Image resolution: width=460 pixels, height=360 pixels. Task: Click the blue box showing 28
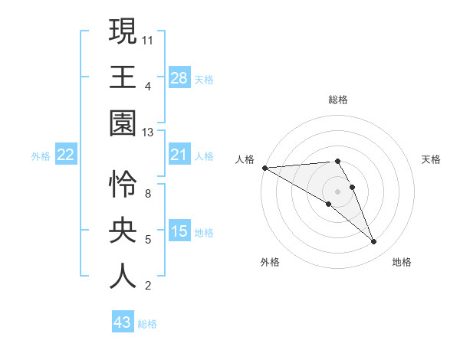pyautogui.click(x=179, y=78)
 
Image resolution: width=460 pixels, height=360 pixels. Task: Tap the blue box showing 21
pyautogui.click(x=179, y=155)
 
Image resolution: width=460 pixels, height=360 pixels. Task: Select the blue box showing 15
pyautogui.click(x=179, y=231)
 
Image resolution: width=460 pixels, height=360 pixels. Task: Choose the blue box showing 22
pyautogui.click(x=66, y=155)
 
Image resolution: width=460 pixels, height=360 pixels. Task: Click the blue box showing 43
pyautogui.click(x=122, y=322)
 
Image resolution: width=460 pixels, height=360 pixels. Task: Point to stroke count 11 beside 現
pyautogui.click(x=149, y=38)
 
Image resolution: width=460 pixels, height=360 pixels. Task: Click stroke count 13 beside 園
pyautogui.click(x=149, y=133)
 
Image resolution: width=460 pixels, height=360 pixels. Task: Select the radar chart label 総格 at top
pyautogui.click(x=338, y=100)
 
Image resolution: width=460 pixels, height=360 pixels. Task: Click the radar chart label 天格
pyautogui.click(x=432, y=159)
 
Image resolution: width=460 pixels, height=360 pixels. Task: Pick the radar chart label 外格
pyautogui.click(x=270, y=262)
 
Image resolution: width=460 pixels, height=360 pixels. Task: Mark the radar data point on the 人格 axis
pyautogui.click(x=264, y=168)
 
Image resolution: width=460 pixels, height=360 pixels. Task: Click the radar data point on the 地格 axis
pyautogui.click(x=374, y=242)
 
